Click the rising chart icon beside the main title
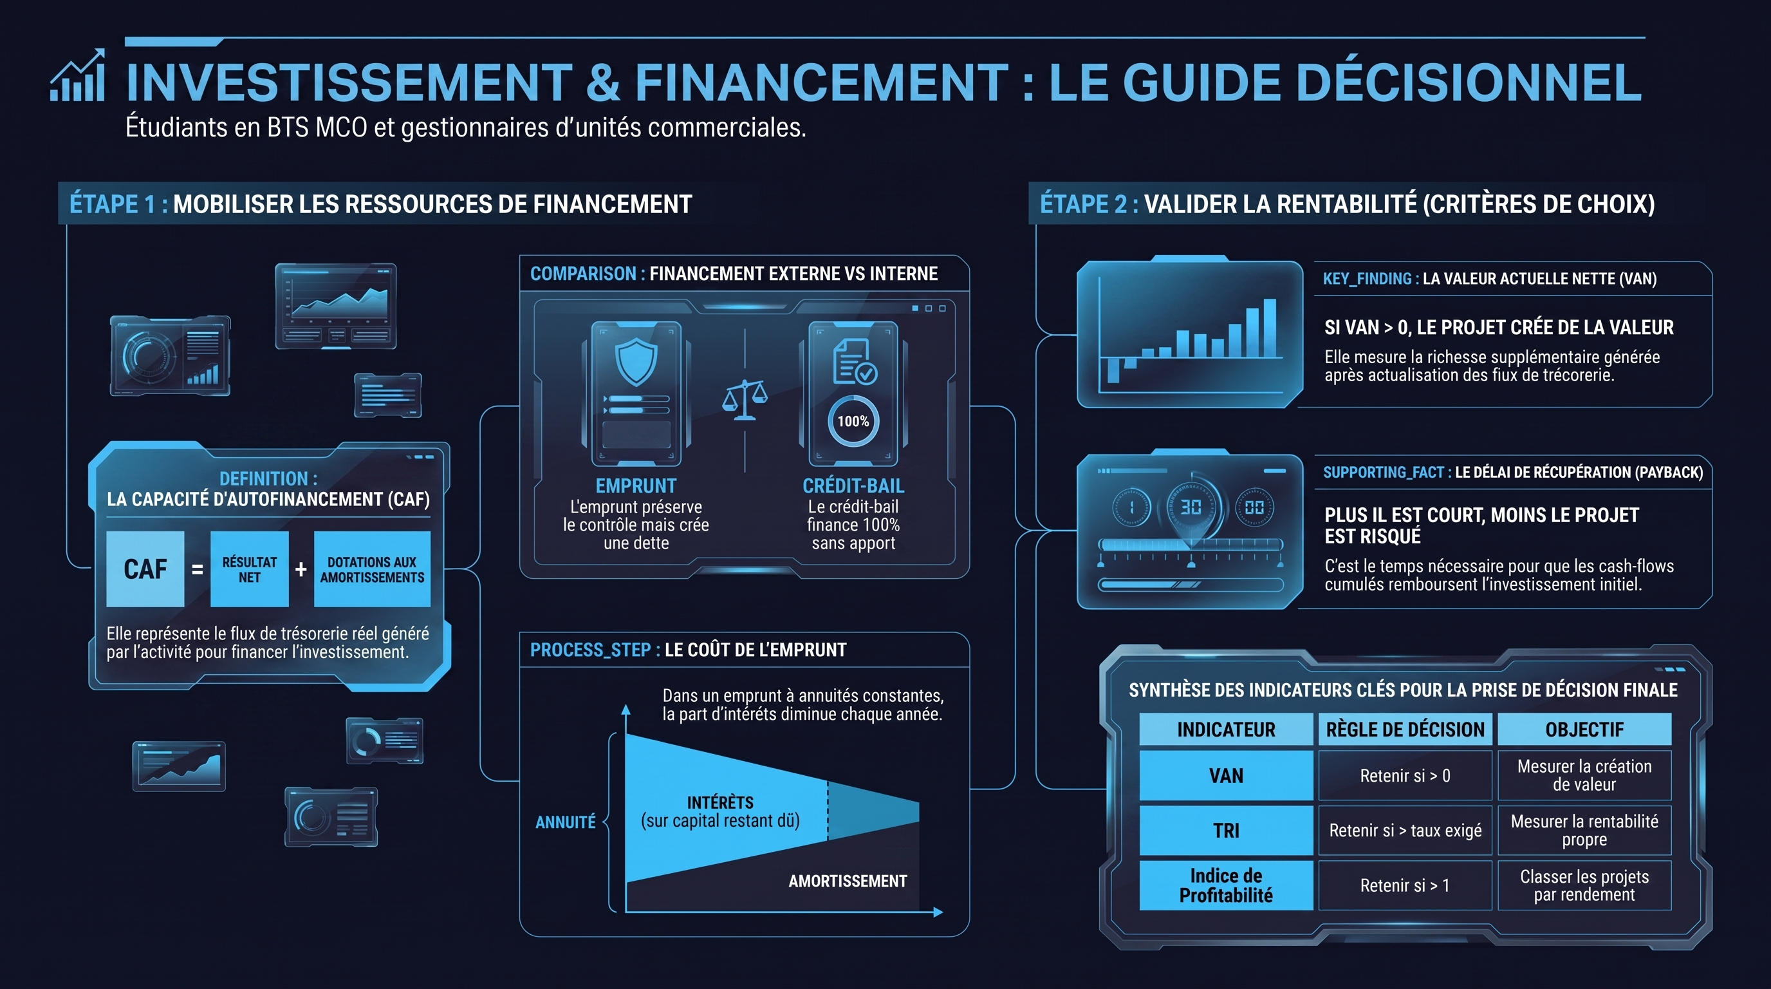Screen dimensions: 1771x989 (78, 75)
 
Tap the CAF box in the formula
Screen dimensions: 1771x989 (145, 569)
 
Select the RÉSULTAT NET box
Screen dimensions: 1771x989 (249, 569)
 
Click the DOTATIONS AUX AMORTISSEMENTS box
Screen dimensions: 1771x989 (372, 569)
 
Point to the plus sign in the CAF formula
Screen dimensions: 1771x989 (301, 569)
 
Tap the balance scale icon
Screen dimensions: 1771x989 (745, 400)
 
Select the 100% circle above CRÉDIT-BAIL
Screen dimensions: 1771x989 (853, 421)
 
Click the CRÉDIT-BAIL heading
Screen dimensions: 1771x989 (853, 485)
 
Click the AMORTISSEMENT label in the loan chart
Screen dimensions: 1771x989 (848, 881)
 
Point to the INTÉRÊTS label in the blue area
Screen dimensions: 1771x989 (721, 802)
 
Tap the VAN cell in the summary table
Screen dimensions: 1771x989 (1226, 775)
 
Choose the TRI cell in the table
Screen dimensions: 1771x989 (1226, 830)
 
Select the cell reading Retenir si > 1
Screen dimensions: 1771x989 (1405, 885)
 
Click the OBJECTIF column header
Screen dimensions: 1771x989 (1584, 729)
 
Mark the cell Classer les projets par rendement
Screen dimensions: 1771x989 (1584, 885)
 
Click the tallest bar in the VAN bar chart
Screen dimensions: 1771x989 (1270, 328)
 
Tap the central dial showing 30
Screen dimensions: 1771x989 (1191, 507)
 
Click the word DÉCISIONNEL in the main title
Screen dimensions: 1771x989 (1469, 82)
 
